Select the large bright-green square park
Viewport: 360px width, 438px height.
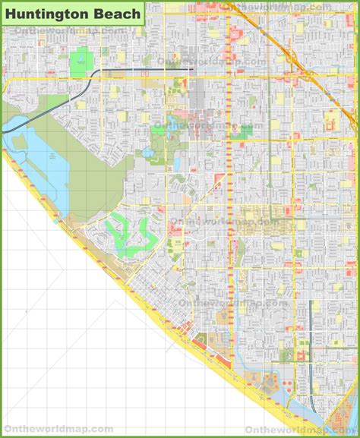tap(81, 62)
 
